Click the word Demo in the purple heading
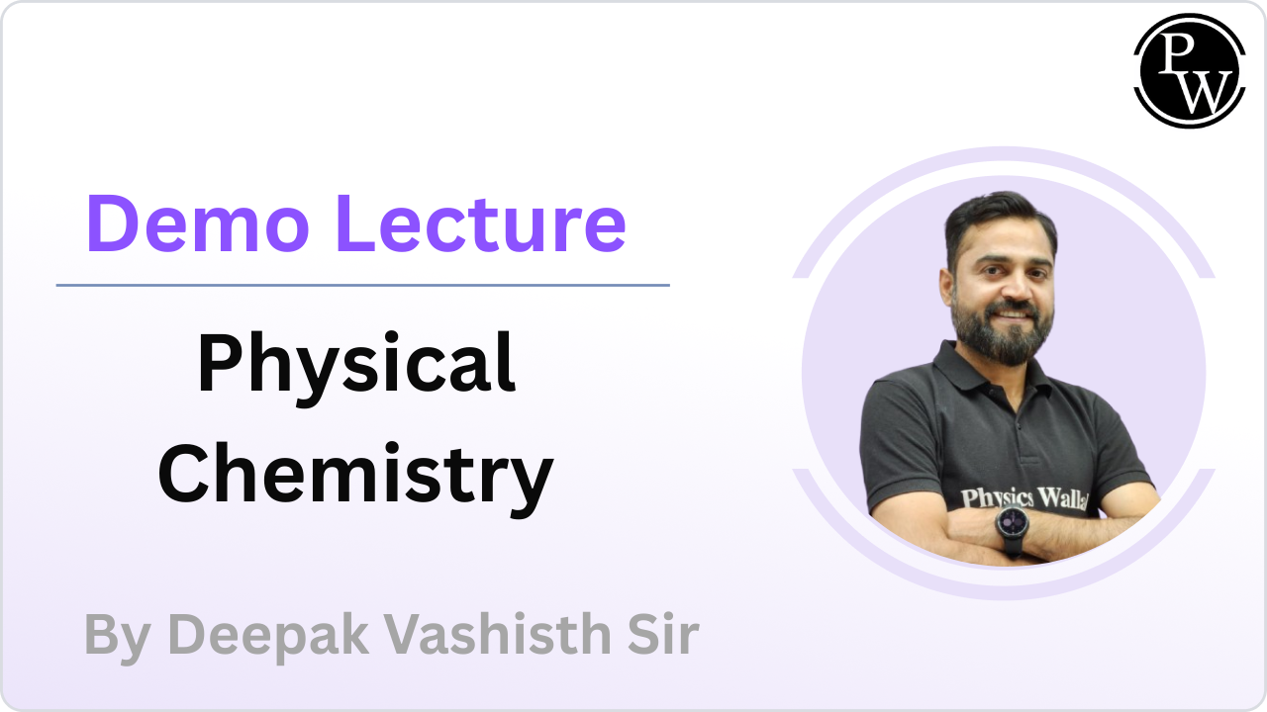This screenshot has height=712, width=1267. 198,223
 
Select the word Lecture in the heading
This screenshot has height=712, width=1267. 481,223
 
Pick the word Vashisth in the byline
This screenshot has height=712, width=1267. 498,634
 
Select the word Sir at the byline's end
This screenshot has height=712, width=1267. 663,634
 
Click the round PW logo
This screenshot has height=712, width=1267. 1190,70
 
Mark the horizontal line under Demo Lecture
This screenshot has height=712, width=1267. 362,286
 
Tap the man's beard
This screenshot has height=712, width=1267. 1000,334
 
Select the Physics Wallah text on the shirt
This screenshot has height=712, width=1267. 1023,498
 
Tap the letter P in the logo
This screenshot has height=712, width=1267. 1176,52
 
